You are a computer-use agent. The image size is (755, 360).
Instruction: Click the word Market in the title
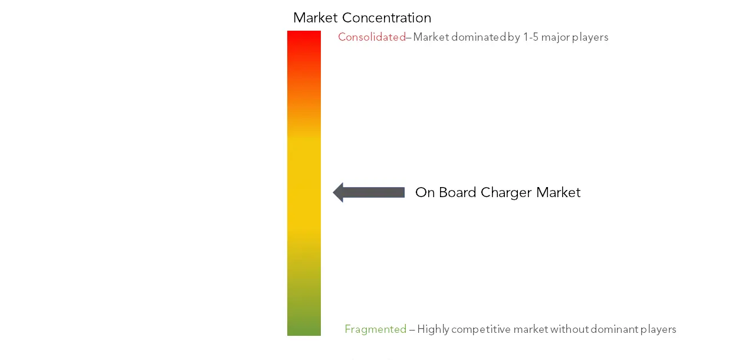click(x=315, y=18)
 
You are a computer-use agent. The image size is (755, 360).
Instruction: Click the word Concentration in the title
click(x=386, y=18)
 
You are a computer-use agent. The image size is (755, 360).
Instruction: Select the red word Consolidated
click(x=372, y=37)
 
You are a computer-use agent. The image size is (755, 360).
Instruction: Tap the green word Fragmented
click(x=376, y=329)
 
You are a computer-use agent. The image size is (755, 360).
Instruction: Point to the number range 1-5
click(x=530, y=37)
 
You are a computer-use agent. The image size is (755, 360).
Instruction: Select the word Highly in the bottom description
click(x=433, y=329)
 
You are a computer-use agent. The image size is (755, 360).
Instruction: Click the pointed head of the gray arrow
click(x=334, y=192)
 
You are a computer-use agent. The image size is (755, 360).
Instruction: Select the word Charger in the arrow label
click(x=506, y=193)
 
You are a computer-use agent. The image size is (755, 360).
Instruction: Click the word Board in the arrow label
click(x=458, y=192)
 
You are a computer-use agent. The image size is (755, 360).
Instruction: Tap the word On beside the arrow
click(x=425, y=192)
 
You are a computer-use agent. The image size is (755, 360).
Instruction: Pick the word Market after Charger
click(x=559, y=192)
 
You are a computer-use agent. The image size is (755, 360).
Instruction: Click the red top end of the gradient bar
click(x=304, y=31)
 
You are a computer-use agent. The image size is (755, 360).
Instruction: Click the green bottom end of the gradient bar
click(x=304, y=335)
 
